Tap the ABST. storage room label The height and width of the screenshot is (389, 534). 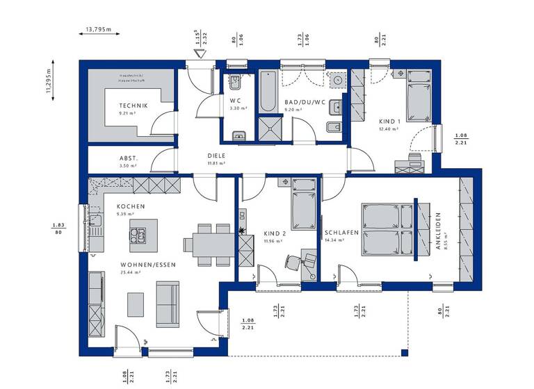coord(128,158)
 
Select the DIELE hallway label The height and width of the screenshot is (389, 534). coord(218,156)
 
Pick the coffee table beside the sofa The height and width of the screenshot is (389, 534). coord(135,303)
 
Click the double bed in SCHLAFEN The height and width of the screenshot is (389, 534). coord(387,229)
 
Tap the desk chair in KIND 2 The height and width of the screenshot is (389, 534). coord(292,261)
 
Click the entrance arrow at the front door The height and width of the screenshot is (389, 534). coord(197,58)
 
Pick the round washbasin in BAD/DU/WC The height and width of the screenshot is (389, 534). coord(337,81)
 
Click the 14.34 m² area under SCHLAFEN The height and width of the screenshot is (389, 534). coord(336,240)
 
